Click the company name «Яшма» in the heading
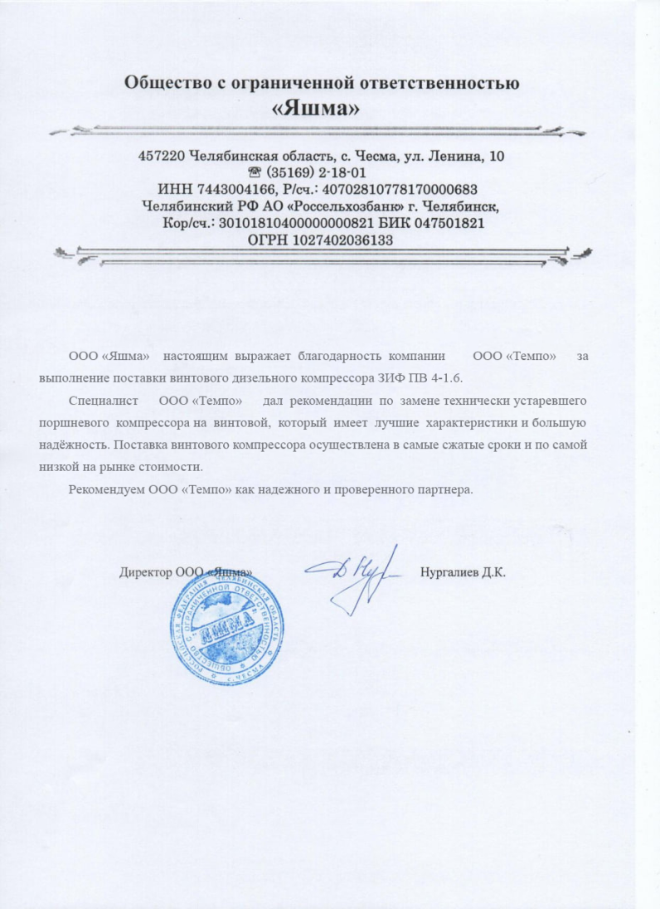pyautogui.click(x=322, y=109)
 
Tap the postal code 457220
pyautogui.click(x=161, y=156)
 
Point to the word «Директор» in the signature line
pyautogui.click(x=146, y=572)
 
